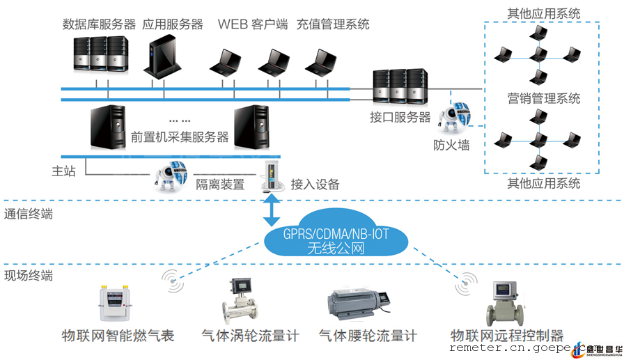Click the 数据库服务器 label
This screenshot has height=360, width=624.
click(x=99, y=24)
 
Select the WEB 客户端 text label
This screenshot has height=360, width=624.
click(x=253, y=24)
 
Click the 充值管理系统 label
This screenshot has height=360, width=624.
click(x=333, y=24)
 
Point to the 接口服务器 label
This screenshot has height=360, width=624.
click(x=400, y=117)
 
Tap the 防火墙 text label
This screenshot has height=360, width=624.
click(x=451, y=146)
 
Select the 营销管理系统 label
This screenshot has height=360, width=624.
click(x=544, y=98)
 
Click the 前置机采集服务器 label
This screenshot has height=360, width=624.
click(x=180, y=137)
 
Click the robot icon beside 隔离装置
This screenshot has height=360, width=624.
click(x=170, y=176)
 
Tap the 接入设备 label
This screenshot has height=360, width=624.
click(x=315, y=185)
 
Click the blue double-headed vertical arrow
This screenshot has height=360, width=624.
click(x=272, y=210)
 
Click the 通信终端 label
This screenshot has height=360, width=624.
click(x=29, y=214)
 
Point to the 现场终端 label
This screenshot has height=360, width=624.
click(x=29, y=276)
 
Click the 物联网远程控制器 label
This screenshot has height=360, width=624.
click(x=507, y=336)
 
